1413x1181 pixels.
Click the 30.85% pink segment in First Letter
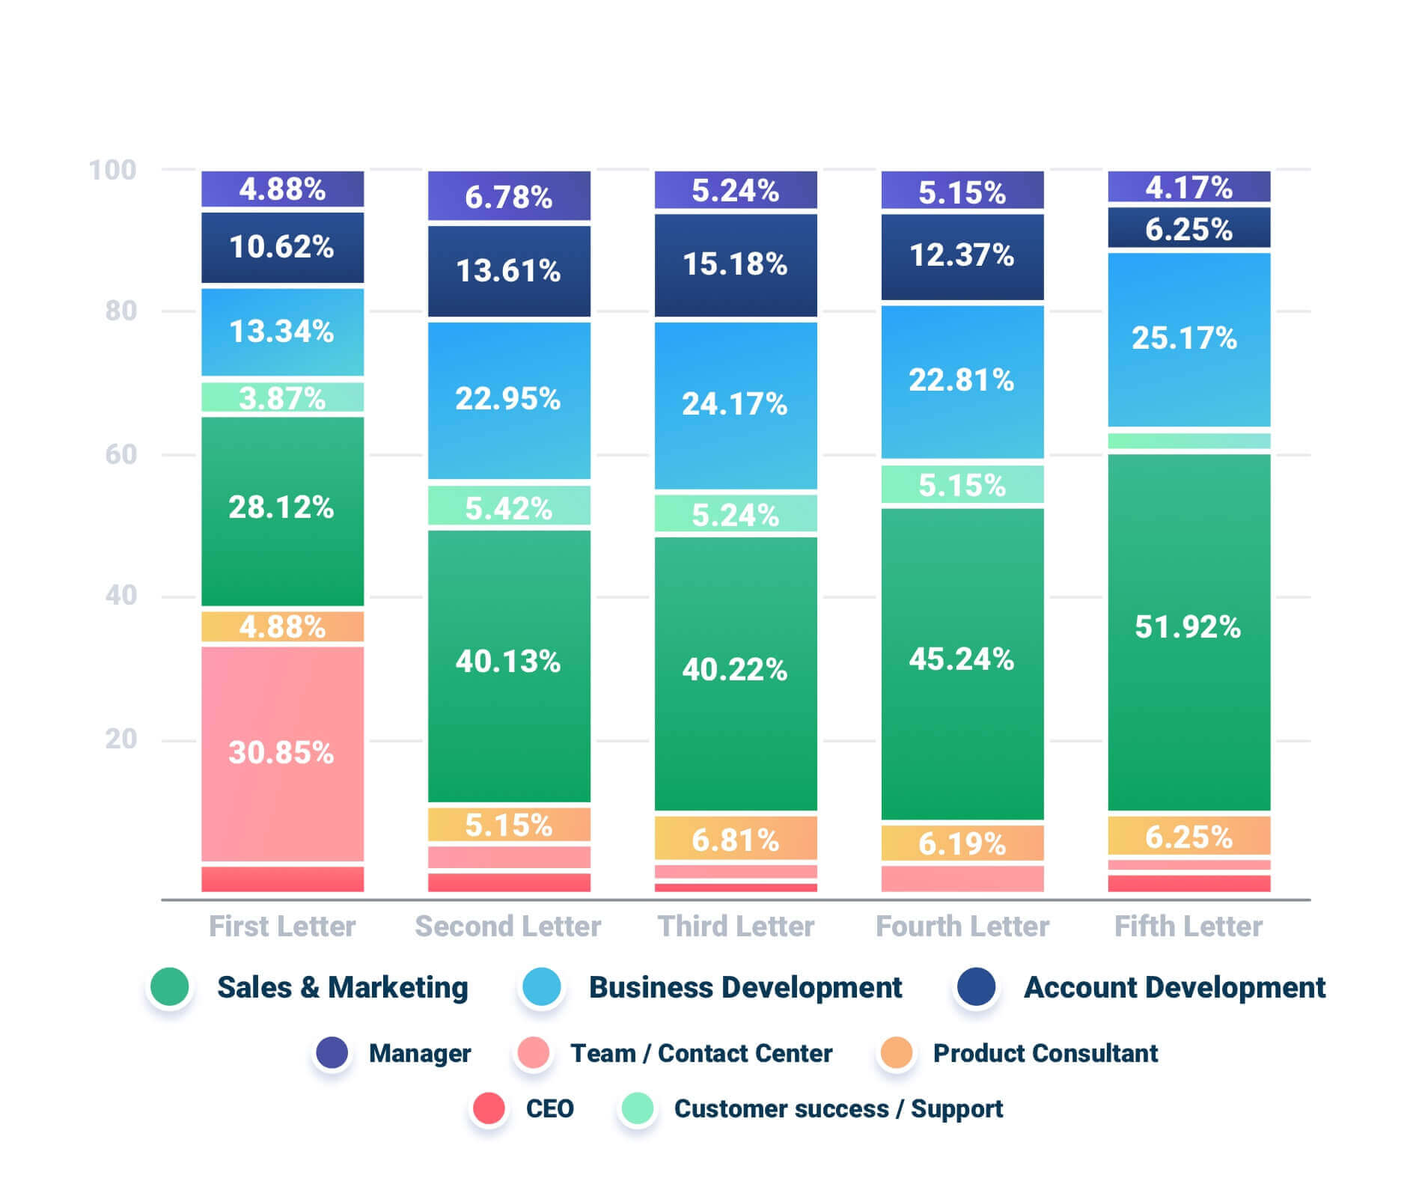click(282, 752)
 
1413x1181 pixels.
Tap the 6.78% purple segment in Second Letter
click(509, 196)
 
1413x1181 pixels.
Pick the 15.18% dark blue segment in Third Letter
click(736, 265)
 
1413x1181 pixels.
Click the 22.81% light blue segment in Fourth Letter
click(962, 381)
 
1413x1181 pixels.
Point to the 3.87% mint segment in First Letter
click(282, 397)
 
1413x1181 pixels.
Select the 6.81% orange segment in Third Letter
click(736, 838)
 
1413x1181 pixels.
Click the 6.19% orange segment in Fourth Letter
click(962, 843)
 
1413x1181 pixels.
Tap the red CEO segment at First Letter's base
click(282, 879)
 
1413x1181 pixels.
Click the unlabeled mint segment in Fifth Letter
click(1188, 441)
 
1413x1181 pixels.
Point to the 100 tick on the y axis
click(112, 170)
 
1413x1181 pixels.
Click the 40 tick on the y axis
click(120, 596)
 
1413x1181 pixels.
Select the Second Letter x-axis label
click(508, 927)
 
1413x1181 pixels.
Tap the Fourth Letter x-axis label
click(962, 927)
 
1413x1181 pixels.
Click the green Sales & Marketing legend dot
click(169, 986)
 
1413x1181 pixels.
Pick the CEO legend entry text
click(549, 1108)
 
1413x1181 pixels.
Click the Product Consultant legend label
click(1045, 1053)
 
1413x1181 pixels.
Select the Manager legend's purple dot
click(332, 1052)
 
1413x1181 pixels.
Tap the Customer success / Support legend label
click(838, 1108)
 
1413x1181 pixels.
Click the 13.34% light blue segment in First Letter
click(282, 332)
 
